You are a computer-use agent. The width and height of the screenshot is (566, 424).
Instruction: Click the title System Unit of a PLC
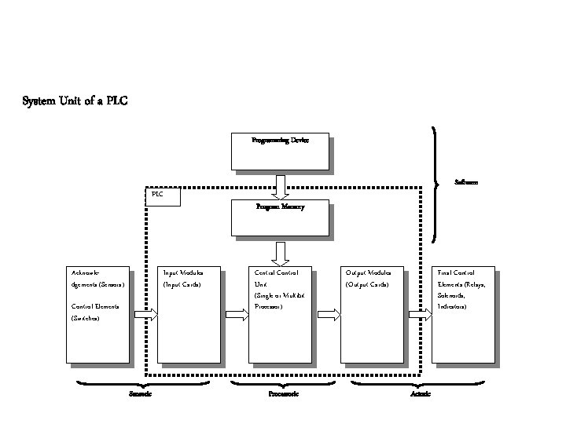coord(75,101)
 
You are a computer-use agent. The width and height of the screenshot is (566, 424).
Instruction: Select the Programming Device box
coord(280,151)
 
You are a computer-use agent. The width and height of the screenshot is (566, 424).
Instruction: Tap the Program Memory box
coord(280,217)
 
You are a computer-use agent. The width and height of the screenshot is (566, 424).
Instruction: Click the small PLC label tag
coord(164,196)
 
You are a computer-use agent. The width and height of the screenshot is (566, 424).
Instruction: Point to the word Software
coord(466,182)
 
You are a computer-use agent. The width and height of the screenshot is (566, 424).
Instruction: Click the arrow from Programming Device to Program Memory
coord(280,185)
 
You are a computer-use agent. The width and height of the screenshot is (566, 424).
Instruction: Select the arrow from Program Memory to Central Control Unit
coord(280,253)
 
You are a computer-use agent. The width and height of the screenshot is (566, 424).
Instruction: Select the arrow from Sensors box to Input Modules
coord(146,314)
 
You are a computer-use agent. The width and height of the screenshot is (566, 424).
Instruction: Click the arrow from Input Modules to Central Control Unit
coord(237,314)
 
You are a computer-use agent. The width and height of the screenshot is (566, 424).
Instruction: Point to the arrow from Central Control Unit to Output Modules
coord(329,314)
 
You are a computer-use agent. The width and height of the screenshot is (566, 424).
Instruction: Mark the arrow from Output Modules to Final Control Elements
coord(421,314)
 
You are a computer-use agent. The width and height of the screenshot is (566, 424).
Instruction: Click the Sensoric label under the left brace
coord(140,393)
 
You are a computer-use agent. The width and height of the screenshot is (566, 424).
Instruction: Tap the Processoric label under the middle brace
coord(283,393)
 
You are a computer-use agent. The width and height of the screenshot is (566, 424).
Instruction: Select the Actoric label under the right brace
coord(421,393)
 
